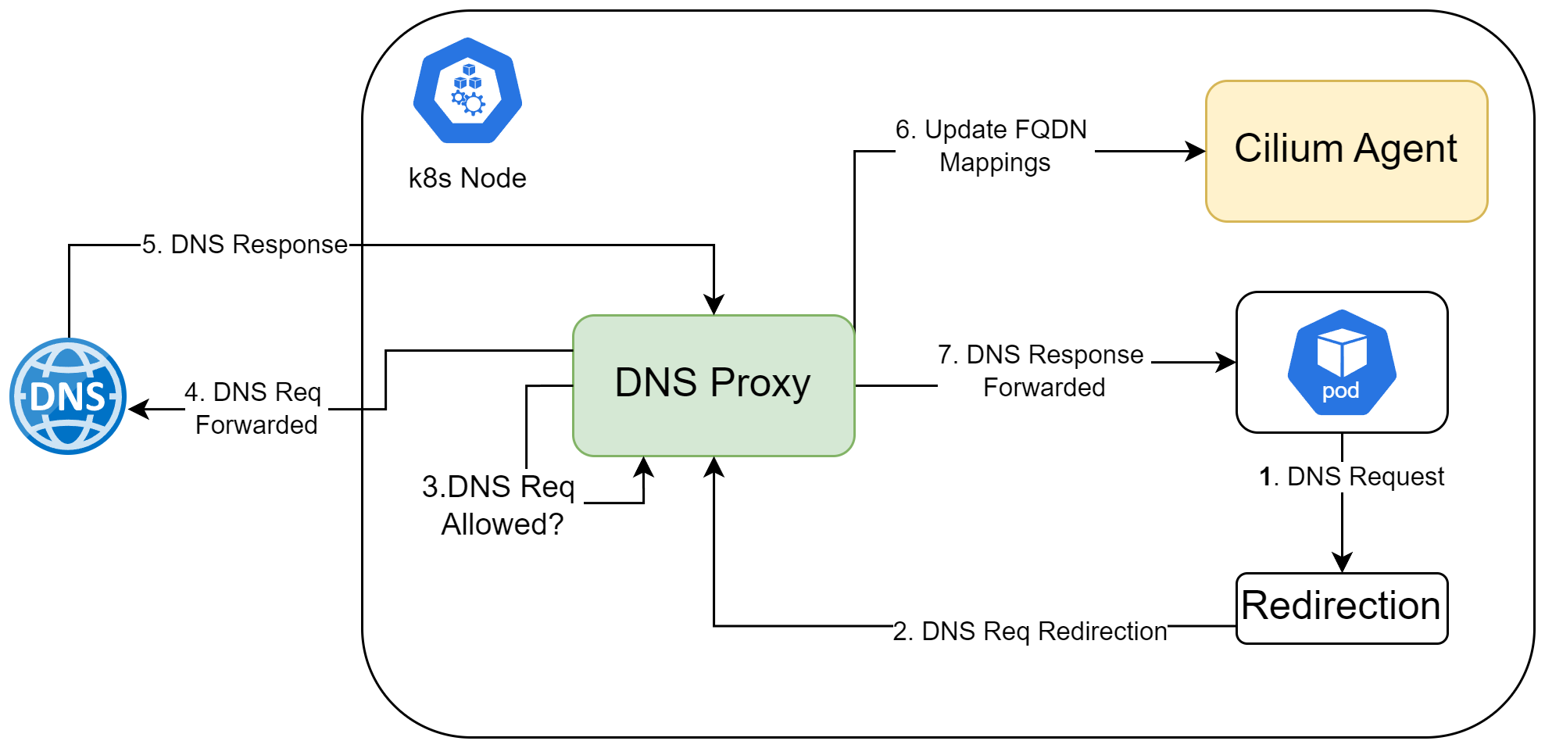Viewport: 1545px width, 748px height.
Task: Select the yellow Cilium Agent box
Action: click(1346, 151)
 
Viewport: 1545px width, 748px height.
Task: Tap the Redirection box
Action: click(1341, 607)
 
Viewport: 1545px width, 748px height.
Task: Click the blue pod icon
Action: click(1341, 363)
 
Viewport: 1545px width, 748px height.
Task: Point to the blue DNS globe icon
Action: click(68, 396)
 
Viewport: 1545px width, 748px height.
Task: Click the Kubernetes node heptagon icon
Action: click(467, 91)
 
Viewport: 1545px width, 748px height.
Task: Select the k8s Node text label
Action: click(467, 178)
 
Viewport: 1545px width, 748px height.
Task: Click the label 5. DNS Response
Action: click(245, 245)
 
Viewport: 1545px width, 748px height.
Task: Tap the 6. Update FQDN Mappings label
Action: click(992, 145)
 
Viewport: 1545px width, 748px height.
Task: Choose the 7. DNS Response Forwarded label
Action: click(1042, 370)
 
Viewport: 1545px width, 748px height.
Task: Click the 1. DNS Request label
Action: click(1351, 476)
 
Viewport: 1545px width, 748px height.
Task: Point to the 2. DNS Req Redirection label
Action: click(1029, 631)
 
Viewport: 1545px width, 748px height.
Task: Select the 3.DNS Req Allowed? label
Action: click(500, 505)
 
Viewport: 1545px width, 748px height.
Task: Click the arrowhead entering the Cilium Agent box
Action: click(1196, 151)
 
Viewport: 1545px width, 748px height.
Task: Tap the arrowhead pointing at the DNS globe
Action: click(138, 409)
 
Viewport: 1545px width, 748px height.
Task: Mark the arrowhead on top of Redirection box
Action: click(1342, 563)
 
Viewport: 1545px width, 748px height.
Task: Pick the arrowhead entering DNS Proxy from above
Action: click(713, 305)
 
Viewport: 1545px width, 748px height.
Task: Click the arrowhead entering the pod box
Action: click(1226, 362)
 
